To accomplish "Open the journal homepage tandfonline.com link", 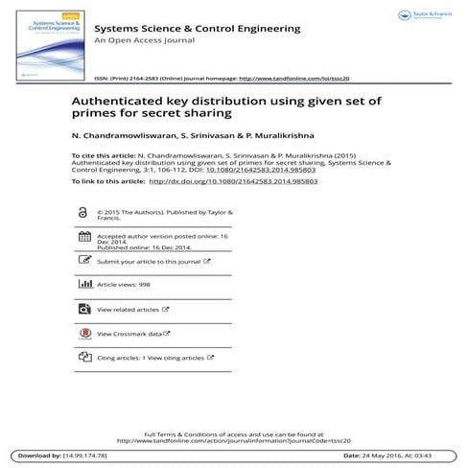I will [x=294, y=78].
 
